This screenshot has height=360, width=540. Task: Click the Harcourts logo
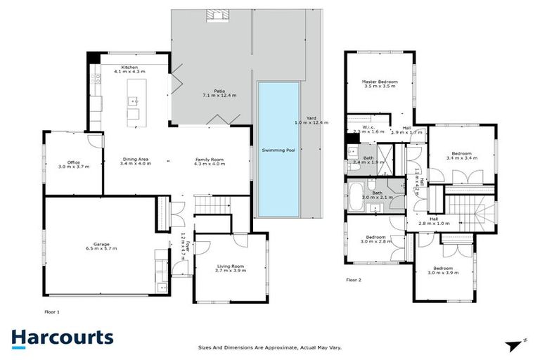(x=62, y=337)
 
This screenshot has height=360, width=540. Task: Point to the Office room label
(x=73, y=165)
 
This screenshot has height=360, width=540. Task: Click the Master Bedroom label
(x=380, y=84)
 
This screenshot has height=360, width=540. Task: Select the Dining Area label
(x=134, y=162)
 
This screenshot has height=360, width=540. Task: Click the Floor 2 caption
(x=353, y=279)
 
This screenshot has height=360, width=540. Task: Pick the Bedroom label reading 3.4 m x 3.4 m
(x=461, y=155)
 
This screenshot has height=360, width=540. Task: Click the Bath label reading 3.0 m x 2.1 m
(x=377, y=195)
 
